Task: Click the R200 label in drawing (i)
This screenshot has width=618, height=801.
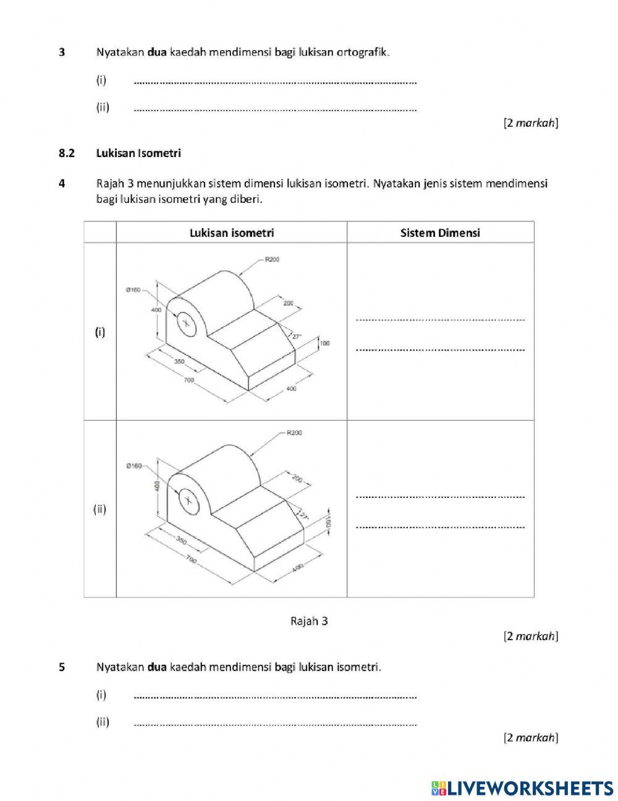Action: click(272, 260)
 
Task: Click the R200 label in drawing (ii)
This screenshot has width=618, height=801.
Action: click(294, 433)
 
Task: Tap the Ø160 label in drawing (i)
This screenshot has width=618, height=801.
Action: click(133, 289)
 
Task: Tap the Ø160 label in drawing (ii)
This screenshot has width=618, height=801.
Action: click(133, 466)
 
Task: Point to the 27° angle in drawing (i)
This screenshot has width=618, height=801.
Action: click(296, 337)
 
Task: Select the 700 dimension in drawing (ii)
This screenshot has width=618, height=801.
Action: click(191, 560)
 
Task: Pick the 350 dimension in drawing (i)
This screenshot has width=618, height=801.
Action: click(179, 362)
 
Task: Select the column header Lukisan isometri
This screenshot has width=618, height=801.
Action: click(232, 233)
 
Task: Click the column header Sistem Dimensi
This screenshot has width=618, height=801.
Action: click(440, 233)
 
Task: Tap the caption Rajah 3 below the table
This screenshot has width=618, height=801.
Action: click(309, 621)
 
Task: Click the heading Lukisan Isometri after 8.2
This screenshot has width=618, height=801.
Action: click(138, 153)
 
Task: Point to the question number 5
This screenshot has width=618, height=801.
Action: click(62, 667)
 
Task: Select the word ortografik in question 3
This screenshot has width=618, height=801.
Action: click(362, 52)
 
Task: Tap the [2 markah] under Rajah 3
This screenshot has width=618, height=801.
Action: click(531, 636)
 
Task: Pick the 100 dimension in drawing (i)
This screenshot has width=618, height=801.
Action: click(325, 344)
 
